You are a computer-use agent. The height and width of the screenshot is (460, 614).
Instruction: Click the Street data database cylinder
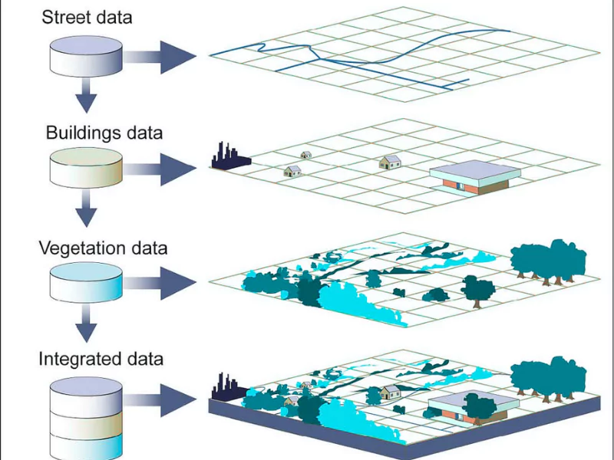[85, 53]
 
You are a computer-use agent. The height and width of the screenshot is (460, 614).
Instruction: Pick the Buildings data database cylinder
[85, 168]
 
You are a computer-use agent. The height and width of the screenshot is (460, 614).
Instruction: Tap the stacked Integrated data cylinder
[85, 418]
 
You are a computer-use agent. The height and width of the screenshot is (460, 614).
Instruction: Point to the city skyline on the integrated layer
[227, 388]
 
